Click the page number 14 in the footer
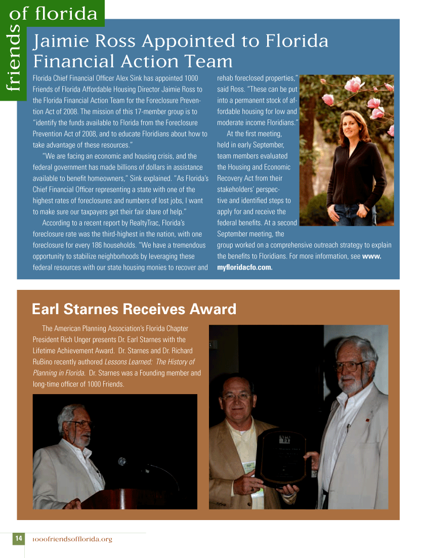(x=18, y=539)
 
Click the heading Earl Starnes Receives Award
(x=134, y=309)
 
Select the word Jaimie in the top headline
(x=58, y=41)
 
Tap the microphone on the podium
(x=122, y=461)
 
